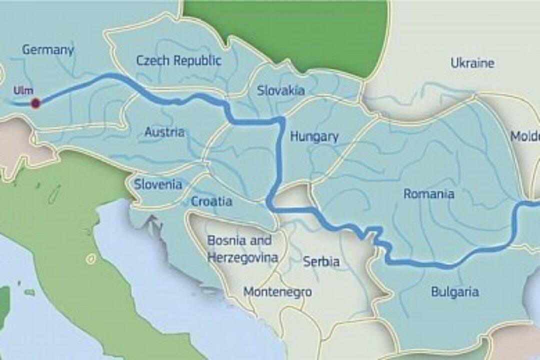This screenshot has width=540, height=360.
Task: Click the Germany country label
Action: coord(48,49)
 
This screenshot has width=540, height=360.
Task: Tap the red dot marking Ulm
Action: coord(35,103)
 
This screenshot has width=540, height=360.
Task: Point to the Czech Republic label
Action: coord(178,61)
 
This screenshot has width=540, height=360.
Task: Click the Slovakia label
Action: coord(280,90)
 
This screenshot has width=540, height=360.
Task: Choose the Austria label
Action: coord(164,132)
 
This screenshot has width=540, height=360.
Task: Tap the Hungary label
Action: coord(314,136)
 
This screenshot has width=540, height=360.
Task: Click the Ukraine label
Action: coord(472,63)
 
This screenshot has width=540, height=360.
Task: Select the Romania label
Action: coord(428,194)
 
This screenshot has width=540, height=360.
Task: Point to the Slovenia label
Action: coord(158,184)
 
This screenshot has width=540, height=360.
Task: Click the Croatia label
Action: coord(211,201)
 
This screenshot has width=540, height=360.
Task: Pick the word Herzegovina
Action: coord(242,258)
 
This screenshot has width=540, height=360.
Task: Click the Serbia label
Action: coord(321,261)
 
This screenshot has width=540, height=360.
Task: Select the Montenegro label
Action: coord(277,292)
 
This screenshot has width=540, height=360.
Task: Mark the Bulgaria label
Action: coord(454,292)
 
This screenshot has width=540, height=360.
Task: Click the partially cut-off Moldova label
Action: coord(525,136)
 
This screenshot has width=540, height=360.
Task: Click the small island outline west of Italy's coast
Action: coord(90,259)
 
